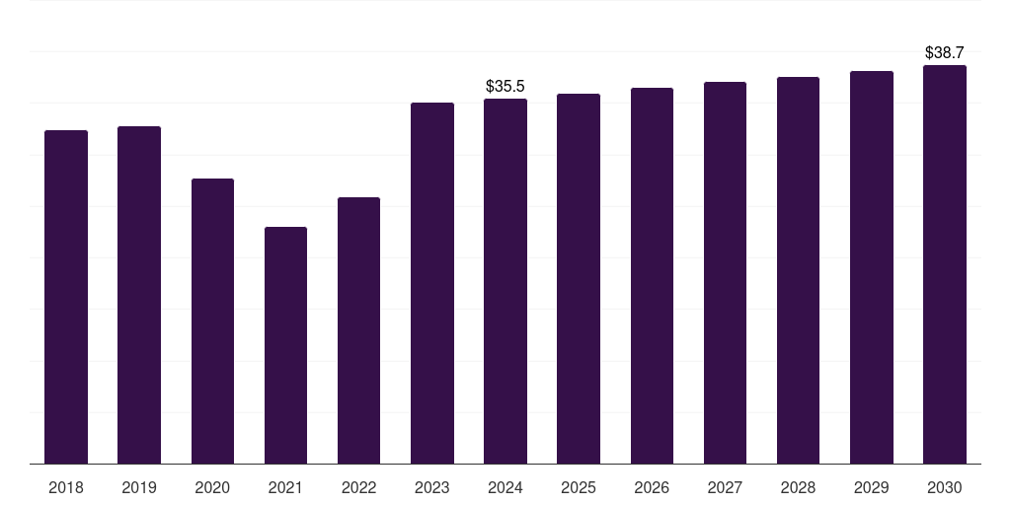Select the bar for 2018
(66, 297)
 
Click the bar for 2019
(139, 295)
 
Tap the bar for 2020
(213, 321)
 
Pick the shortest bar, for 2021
(285, 345)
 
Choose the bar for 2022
(359, 330)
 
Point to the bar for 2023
(432, 283)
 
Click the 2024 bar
(505, 281)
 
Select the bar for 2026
(652, 276)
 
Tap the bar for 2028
(798, 270)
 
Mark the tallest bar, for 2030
(945, 264)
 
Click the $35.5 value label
(505, 87)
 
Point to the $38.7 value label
(945, 53)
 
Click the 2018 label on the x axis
(66, 488)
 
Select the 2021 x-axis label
(285, 488)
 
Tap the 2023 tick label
(432, 488)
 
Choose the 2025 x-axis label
(579, 488)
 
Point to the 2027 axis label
(725, 488)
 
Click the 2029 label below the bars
(872, 488)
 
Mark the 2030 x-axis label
(945, 488)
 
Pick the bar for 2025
(579, 279)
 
